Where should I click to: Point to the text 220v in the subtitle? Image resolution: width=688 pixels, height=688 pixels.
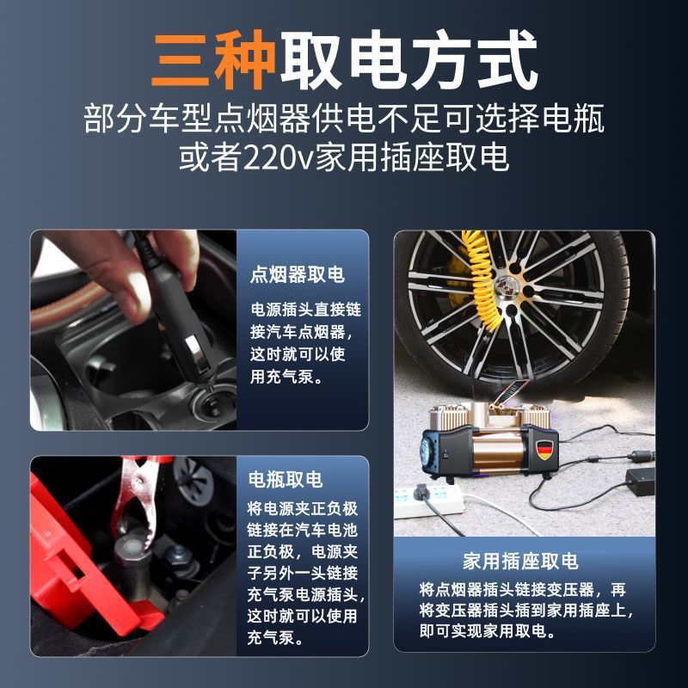pyautogui.click(x=278, y=158)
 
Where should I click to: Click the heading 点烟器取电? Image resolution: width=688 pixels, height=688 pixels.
pyautogui.click(x=297, y=275)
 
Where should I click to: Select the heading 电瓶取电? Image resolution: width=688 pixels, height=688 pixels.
pyautogui.click(x=286, y=480)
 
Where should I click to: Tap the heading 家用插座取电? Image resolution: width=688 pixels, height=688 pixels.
pyautogui.click(x=520, y=562)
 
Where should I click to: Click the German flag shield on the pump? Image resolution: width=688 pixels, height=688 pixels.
pyautogui.click(x=545, y=449)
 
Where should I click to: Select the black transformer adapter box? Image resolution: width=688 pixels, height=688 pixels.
pyautogui.click(x=641, y=482)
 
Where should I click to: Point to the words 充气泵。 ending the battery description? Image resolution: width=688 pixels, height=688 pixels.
pyautogui.click(x=275, y=637)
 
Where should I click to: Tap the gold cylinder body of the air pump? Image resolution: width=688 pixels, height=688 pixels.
pyautogui.click(x=500, y=452)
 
